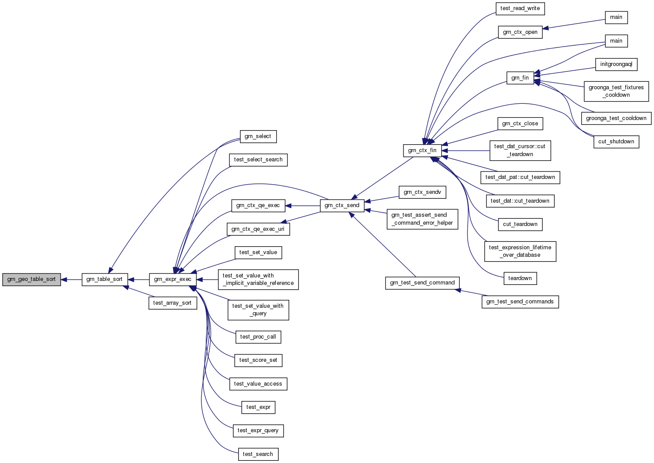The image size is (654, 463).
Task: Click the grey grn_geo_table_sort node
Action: point(32,280)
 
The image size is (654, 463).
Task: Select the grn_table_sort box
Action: point(105,280)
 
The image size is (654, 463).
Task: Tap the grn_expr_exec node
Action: point(173,280)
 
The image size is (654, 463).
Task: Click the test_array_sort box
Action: point(173,303)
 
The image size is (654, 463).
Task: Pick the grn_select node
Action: point(258,136)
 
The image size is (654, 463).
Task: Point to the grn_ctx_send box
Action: point(342,206)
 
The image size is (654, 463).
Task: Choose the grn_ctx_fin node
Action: point(422,150)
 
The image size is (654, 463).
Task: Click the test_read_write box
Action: point(520,8)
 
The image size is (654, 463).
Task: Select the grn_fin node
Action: point(520,78)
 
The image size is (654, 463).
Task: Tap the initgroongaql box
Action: point(616,64)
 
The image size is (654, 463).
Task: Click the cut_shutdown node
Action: point(616,142)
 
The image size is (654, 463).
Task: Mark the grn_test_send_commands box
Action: point(520,302)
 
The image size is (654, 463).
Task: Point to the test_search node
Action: point(258,454)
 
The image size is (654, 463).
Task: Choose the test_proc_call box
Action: point(258,337)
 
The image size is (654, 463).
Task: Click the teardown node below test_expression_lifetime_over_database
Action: point(520,278)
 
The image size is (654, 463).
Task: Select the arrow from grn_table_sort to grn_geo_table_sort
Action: point(71,280)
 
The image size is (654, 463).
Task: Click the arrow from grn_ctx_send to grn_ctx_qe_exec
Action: point(302,206)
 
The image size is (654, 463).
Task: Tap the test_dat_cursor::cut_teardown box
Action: point(520,150)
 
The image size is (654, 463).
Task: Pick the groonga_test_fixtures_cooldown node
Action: point(616,91)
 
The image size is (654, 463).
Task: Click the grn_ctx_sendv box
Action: point(422,192)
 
